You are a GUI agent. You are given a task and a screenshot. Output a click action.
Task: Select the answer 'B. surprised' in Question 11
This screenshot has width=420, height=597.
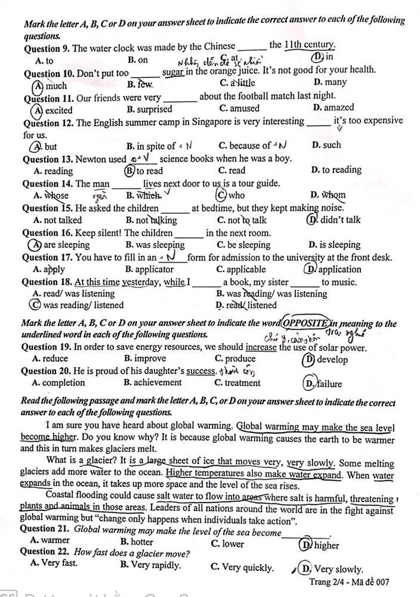(x=149, y=109)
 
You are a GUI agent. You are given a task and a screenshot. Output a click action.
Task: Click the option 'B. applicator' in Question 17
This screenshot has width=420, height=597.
(x=150, y=269)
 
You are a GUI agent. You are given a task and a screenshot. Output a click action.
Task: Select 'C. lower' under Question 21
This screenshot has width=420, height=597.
(x=227, y=544)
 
